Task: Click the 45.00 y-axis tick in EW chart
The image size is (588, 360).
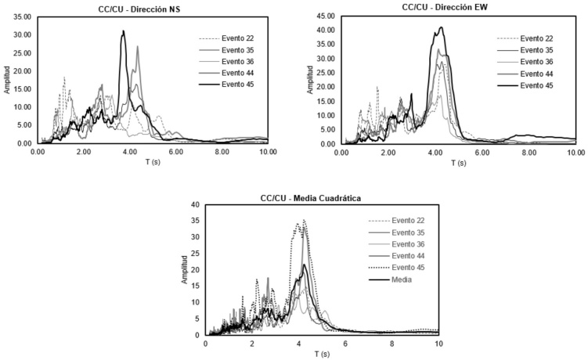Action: [x=324, y=16]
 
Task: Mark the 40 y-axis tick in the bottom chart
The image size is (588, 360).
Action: [x=194, y=205]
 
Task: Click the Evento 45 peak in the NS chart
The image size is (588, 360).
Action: [x=123, y=31]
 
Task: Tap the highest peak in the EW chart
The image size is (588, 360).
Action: [x=442, y=27]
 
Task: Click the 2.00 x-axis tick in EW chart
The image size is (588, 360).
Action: [x=388, y=153]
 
